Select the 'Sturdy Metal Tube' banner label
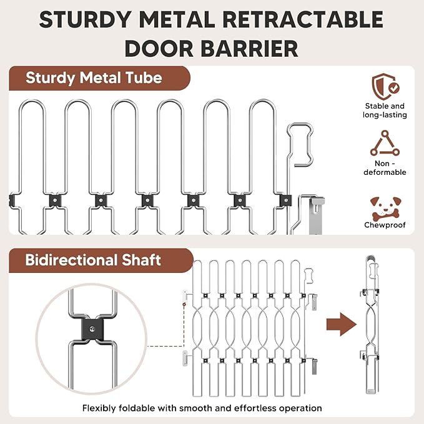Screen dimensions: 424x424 coord(94,78)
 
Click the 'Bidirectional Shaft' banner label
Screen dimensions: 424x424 coord(93,260)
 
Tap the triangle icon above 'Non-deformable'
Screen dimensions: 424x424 coord(385,143)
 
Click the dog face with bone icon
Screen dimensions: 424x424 coord(385,208)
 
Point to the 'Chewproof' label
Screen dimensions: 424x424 coord(385,225)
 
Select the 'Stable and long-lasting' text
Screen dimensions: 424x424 coord(385,111)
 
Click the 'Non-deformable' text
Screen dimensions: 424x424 coord(385,167)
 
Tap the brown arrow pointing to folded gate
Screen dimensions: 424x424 coord(342,324)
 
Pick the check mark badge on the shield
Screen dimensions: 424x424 coord(394,87)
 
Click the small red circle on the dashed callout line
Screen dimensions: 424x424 coord(184,305)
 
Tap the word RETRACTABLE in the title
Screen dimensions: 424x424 coord(303,19)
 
